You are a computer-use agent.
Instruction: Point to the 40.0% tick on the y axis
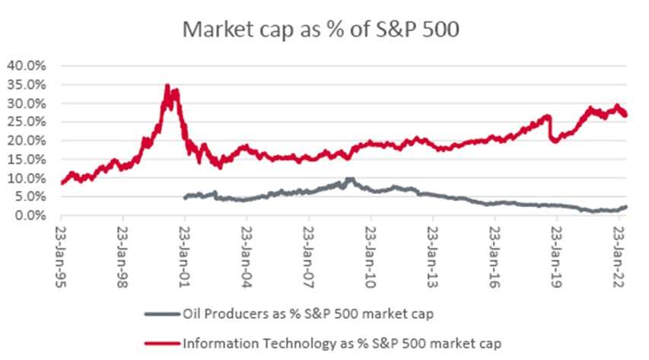(x=27, y=65)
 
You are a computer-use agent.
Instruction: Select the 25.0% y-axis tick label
(x=27, y=122)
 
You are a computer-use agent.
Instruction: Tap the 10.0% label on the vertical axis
(x=27, y=178)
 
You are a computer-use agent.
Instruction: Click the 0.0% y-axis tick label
(x=30, y=216)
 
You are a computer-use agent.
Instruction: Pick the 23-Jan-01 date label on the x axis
(x=186, y=247)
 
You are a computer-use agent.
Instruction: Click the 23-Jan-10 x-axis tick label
(x=371, y=247)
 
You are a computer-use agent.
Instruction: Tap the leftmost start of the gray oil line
(x=185, y=197)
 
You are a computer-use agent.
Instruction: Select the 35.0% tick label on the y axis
(x=27, y=84)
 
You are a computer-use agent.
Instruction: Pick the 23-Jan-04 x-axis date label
(x=247, y=247)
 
